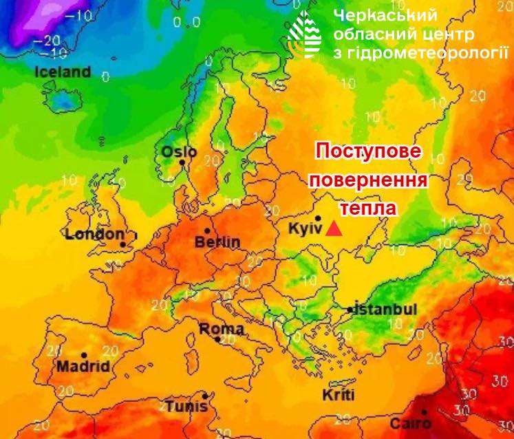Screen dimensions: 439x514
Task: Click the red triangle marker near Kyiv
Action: pyautogui.click(x=334, y=228)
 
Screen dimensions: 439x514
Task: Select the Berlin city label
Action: pyautogui.click(x=217, y=242)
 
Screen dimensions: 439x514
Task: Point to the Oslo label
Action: pyautogui.click(x=179, y=152)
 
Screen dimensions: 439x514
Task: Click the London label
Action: pyautogui.click(x=95, y=235)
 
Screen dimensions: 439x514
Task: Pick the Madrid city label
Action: pyautogui.click(x=83, y=366)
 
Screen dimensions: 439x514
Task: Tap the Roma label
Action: pyautogui.click(x=221, y=329)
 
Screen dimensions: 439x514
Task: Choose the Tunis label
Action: pyautogui.click(x=186, y=405)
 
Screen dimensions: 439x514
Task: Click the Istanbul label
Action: pyautogui.click(x=385, y=310)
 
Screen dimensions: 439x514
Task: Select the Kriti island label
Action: pyautogui.click(x=338, y=395)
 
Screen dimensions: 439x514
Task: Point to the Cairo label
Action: pyautogui.click(x=410, y=423)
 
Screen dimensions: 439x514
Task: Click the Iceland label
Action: pyautogui.click(x=63, y=72)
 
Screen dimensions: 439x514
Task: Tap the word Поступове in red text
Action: pyautogui.click(x=368, y=152)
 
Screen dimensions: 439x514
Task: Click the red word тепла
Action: pyautogui.click(x=368, y=207)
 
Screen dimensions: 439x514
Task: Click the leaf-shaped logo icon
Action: pyautogui.click(x=305, y=34)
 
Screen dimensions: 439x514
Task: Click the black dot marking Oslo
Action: pyautogui.click(x=182, y=162)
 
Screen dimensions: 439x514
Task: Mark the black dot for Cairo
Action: pyautogui.click(x=425, y=411)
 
